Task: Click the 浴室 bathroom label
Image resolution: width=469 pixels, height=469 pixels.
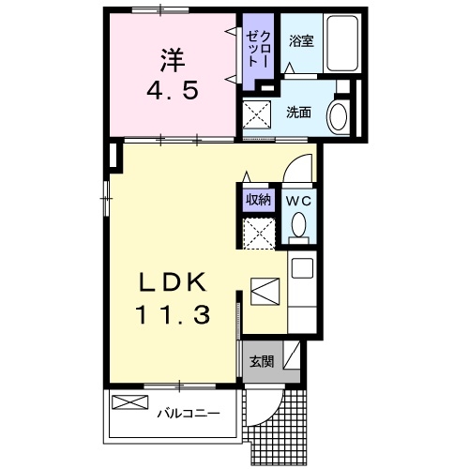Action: coord(300,41)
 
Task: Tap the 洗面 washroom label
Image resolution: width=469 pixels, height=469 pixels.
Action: coord(298,113)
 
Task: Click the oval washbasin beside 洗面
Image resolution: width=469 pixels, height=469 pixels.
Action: coord(339,117)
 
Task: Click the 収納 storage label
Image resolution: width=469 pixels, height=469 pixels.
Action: coord(258,199)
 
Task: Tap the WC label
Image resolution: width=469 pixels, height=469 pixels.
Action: coord(299,200)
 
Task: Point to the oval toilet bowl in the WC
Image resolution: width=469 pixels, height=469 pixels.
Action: coord(299,226)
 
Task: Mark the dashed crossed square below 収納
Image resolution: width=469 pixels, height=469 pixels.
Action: coord(259,231)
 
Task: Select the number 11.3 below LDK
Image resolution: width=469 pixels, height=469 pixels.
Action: coord(171,317)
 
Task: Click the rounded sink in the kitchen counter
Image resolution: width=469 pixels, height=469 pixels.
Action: coord(302,266)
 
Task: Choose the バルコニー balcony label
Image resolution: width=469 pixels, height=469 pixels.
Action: coord(188,412)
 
